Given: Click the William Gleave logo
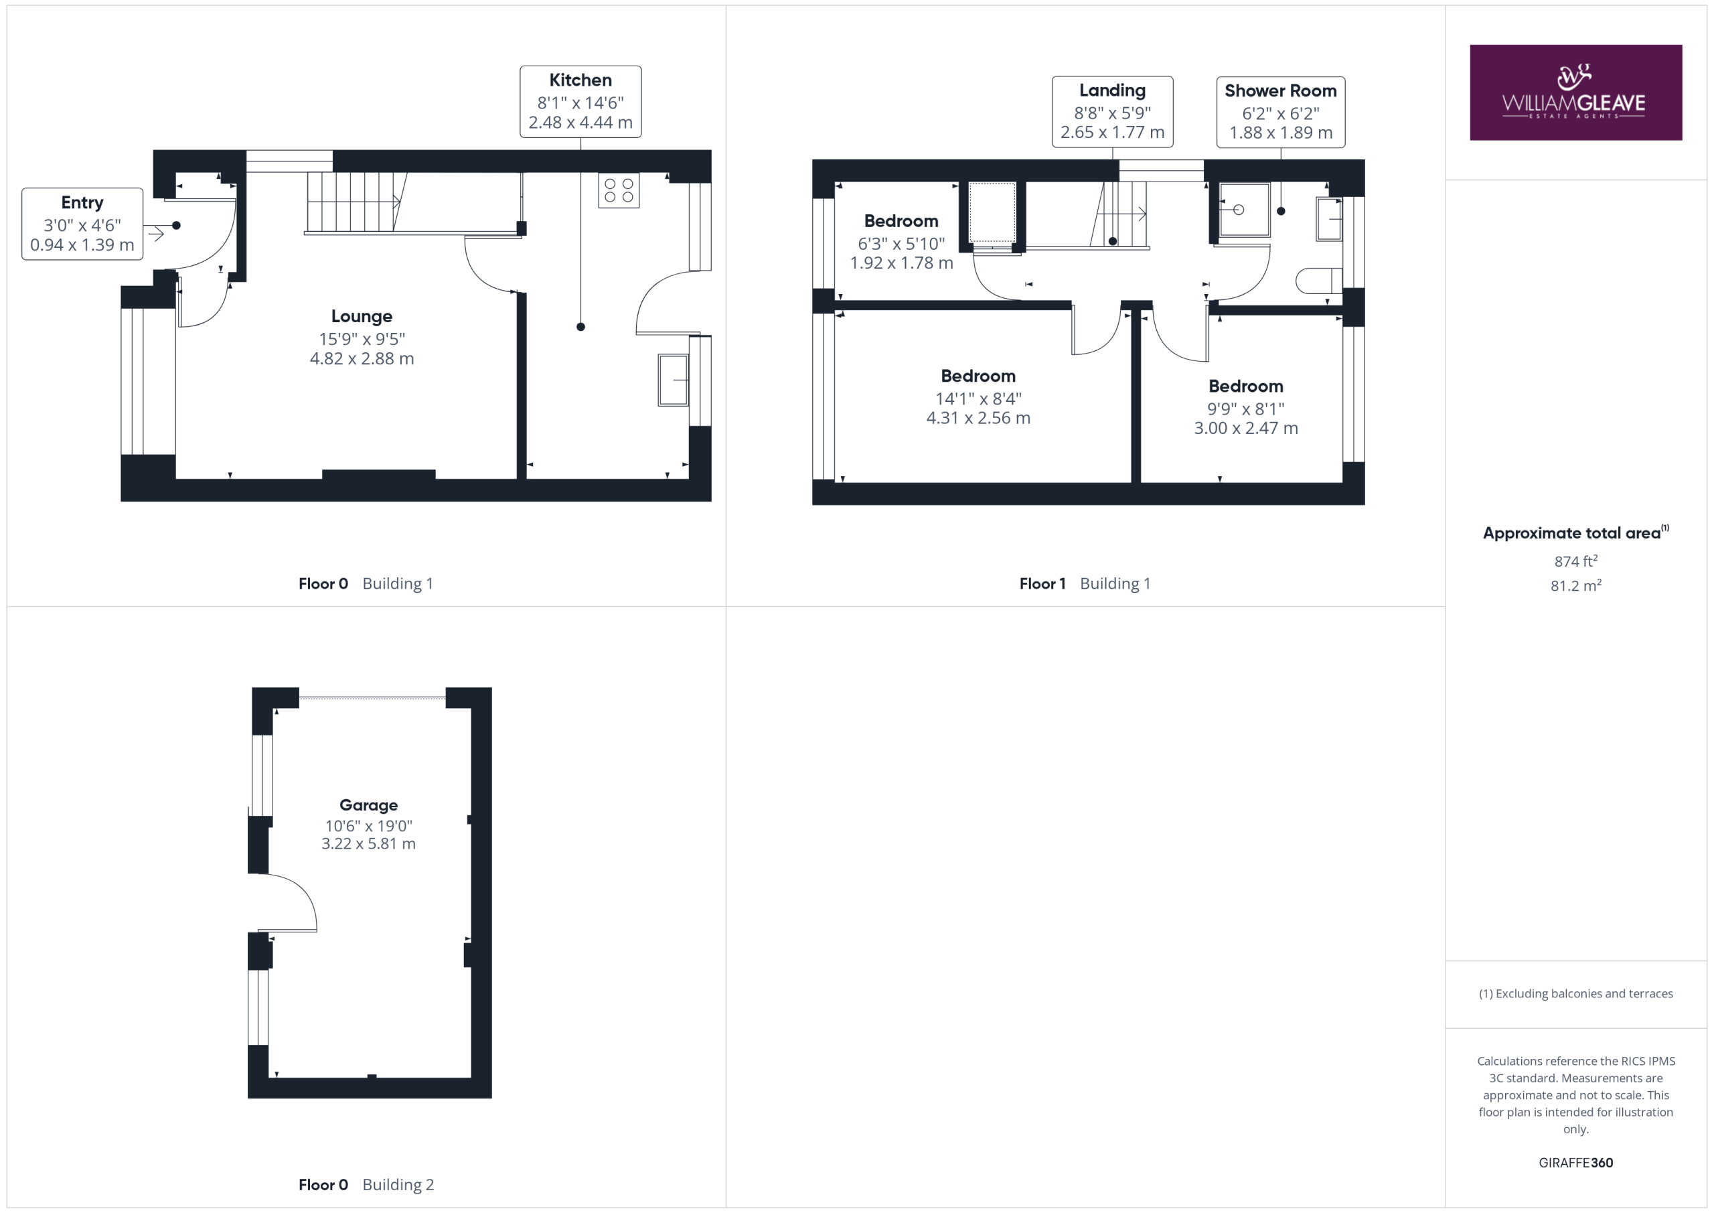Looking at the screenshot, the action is (x=1575, y=92).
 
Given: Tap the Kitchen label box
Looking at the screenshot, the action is (x=580, y=102).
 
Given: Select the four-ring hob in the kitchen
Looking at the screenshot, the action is (x=618, y=190).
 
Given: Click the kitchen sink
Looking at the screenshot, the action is (x=673, y=380).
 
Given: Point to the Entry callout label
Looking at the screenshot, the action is (x=82, y=224).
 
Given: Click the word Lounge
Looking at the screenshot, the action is (x=362, y=316).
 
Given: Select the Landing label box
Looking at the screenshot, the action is (x=1112, y=112).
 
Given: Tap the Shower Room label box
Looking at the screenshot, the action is (x=1280, y=112).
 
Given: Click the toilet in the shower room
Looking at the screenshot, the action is (x=1318, y=281).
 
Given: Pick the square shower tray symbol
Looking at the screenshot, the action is (x=1245, y=210).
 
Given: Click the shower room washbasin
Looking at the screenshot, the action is (x=1329, y=219).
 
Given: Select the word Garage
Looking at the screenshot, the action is (x=368, y=805).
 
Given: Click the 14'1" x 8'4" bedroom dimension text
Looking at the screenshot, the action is (x=978, y=398).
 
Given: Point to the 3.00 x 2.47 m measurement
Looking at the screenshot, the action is (x=1245, y=428).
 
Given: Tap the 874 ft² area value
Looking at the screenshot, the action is (x=1576, y=560).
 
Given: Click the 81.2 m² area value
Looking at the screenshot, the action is (x=1576, y=585).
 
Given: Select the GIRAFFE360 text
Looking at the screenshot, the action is (x=1576, y=1162).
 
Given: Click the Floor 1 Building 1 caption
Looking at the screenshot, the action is (x=1085, y=583).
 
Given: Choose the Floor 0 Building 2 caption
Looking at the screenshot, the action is (x=366, y=1185).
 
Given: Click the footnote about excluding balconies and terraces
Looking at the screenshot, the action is (x=1576, y=993).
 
